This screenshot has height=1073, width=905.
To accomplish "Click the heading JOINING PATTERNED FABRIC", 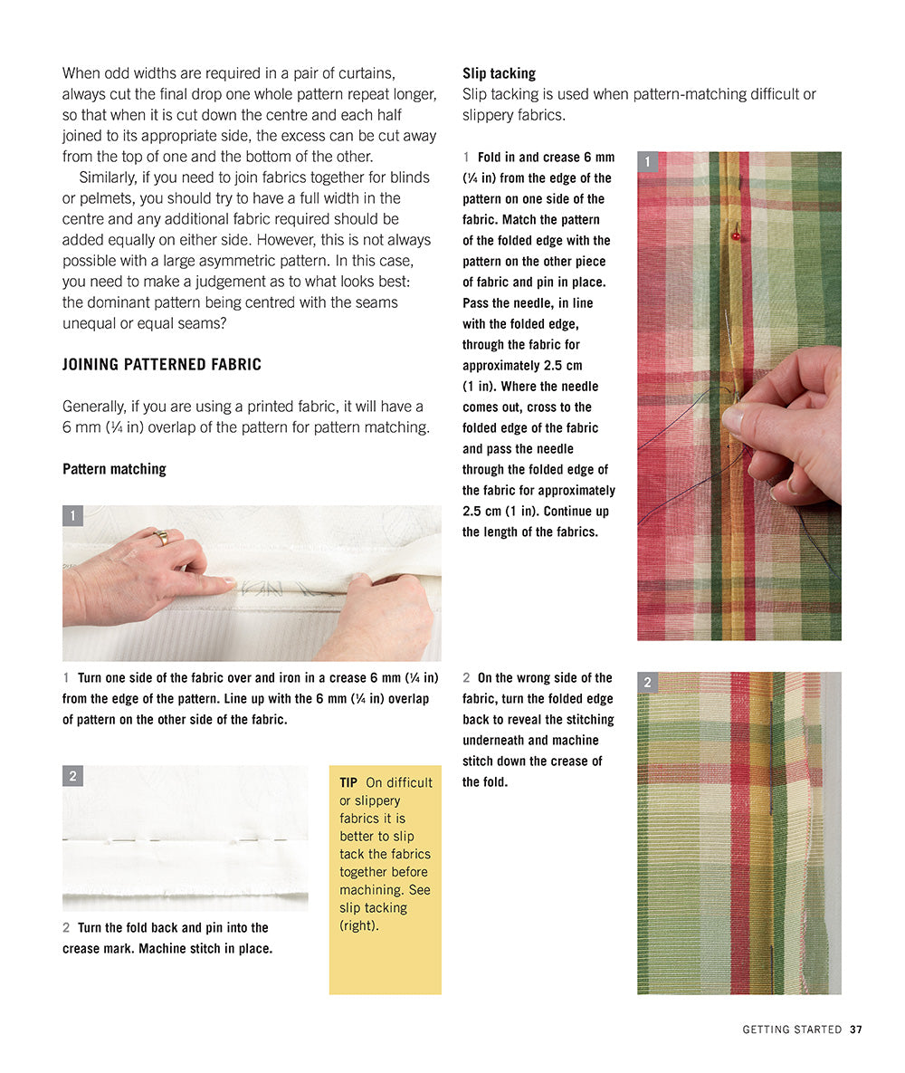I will [x=161, y=365].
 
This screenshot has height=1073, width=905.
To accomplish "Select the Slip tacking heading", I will [x=499, y=73].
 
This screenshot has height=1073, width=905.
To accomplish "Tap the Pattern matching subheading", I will [x=114, y=469].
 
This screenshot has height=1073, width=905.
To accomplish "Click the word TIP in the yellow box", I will [x=348, y=782].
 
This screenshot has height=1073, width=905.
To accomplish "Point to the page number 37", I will [x=855, y=1030].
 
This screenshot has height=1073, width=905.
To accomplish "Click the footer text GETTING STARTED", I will [x=792, y=1030].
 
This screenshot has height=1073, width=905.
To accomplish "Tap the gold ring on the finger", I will [x=162, y=538].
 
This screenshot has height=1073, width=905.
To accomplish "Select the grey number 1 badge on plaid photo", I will [x=647, y=162].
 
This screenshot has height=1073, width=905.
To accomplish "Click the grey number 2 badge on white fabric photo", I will [x=72, y=776].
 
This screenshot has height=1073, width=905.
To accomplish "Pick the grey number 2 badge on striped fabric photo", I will [x=647, y=683].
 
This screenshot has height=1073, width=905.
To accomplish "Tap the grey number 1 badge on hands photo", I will [x=72, y=516].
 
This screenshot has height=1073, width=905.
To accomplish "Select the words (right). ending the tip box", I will [x=359, y=925].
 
